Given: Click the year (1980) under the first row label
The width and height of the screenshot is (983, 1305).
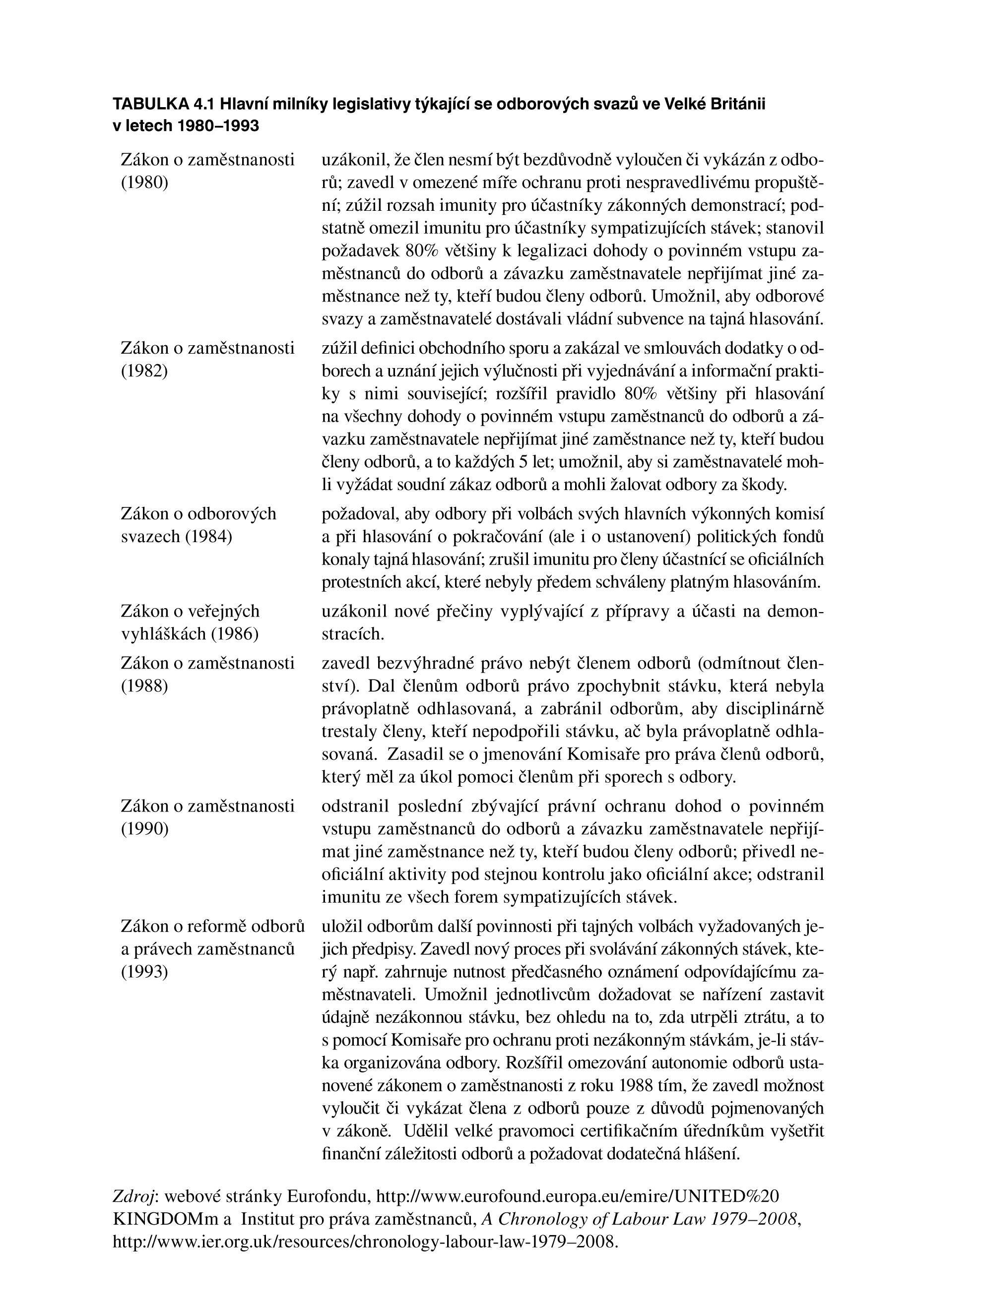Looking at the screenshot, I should coord(144,183).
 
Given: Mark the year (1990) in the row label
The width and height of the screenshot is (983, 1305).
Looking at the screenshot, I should coord(144,828).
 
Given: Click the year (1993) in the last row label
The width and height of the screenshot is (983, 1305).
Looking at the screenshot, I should coord(144,971).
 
